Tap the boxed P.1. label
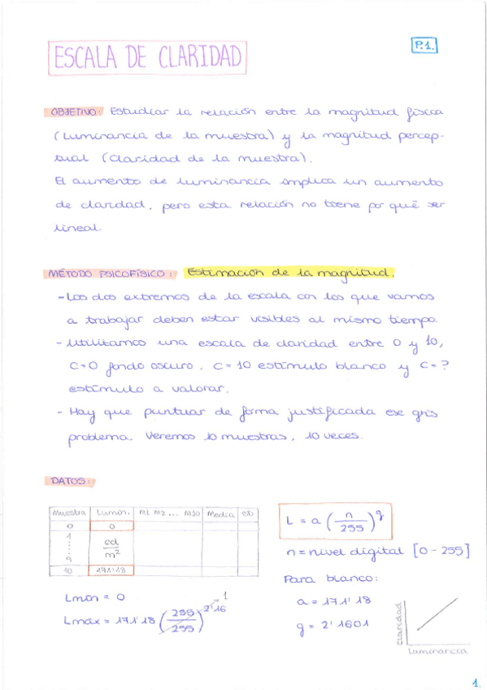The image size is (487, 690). pos(424,46)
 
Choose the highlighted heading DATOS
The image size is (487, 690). pos(69,481)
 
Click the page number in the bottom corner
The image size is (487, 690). pos(475,682)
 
